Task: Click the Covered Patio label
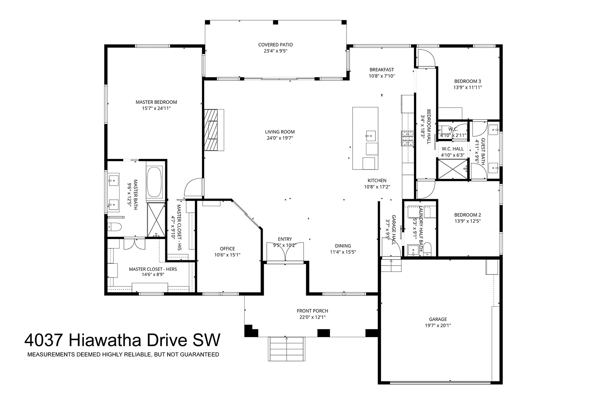click(275, 45)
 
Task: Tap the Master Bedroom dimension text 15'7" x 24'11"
click(156, 108)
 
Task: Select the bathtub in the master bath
click(154, 182)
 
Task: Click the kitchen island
click(365, 138)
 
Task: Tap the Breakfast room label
click(381, 70)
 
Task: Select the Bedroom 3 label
click(468, 81)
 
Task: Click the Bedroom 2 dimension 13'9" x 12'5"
click(468, 221)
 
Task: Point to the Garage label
click(438, 319)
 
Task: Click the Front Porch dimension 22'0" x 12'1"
click(312, 317)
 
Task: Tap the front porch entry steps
click(286, 349)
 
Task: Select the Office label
click(227, 249)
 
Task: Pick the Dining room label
click(343, 246)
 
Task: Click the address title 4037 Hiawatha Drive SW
click(123, 340)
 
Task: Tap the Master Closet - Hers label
click(153, 269)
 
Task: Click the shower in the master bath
click(156, 220)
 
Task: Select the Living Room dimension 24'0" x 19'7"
click(280, 138)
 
